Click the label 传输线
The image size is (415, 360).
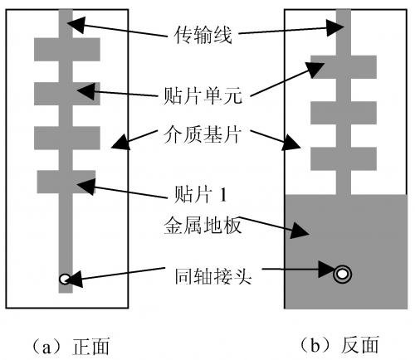pyautogui.click(x=203, y=35)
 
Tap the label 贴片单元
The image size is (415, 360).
pyautogui.click(x=203, y=95)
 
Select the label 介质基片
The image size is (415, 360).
pyautogui.click(x=203, y=135)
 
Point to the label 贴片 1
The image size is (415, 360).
pyautogui.click(x=201, y=194)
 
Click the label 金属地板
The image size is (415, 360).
pyautogui.click(x=203, y=226)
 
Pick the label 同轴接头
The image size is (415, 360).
pyautogui.click(x=213, y=276)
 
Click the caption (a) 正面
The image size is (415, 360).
pyautogui.click(x=71, y=346)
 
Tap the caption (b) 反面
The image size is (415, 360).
pyautogui.click(x=339, y=346)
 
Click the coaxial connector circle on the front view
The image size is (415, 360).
pyautogui.click(x=64, y=279)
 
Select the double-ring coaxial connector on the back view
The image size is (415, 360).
pyautogui.click(x=343, y=275)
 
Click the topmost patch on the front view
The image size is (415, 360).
pyautogui.click(x=67, y=50)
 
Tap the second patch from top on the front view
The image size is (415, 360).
pyautogui.click(x=67, y=94)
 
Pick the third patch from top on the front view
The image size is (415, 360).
pyautogui.click(x=67, y=138)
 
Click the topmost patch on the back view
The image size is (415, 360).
pyautogui.click(x=344, y=67)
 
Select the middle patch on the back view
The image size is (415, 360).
pyautogui.click(x=344, y=113)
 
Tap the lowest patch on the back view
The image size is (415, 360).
pyautogui.click(x=344, y=159)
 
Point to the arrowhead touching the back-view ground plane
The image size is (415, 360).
pyautogui.click(x=300, y=230)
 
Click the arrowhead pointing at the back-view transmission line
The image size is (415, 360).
pyautogui.click(x=335, y=27)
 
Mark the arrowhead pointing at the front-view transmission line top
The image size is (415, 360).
pyautogui.click(x=76, y=24)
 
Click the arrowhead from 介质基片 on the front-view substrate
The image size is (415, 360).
pyautogui.click(x=120, y=142)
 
